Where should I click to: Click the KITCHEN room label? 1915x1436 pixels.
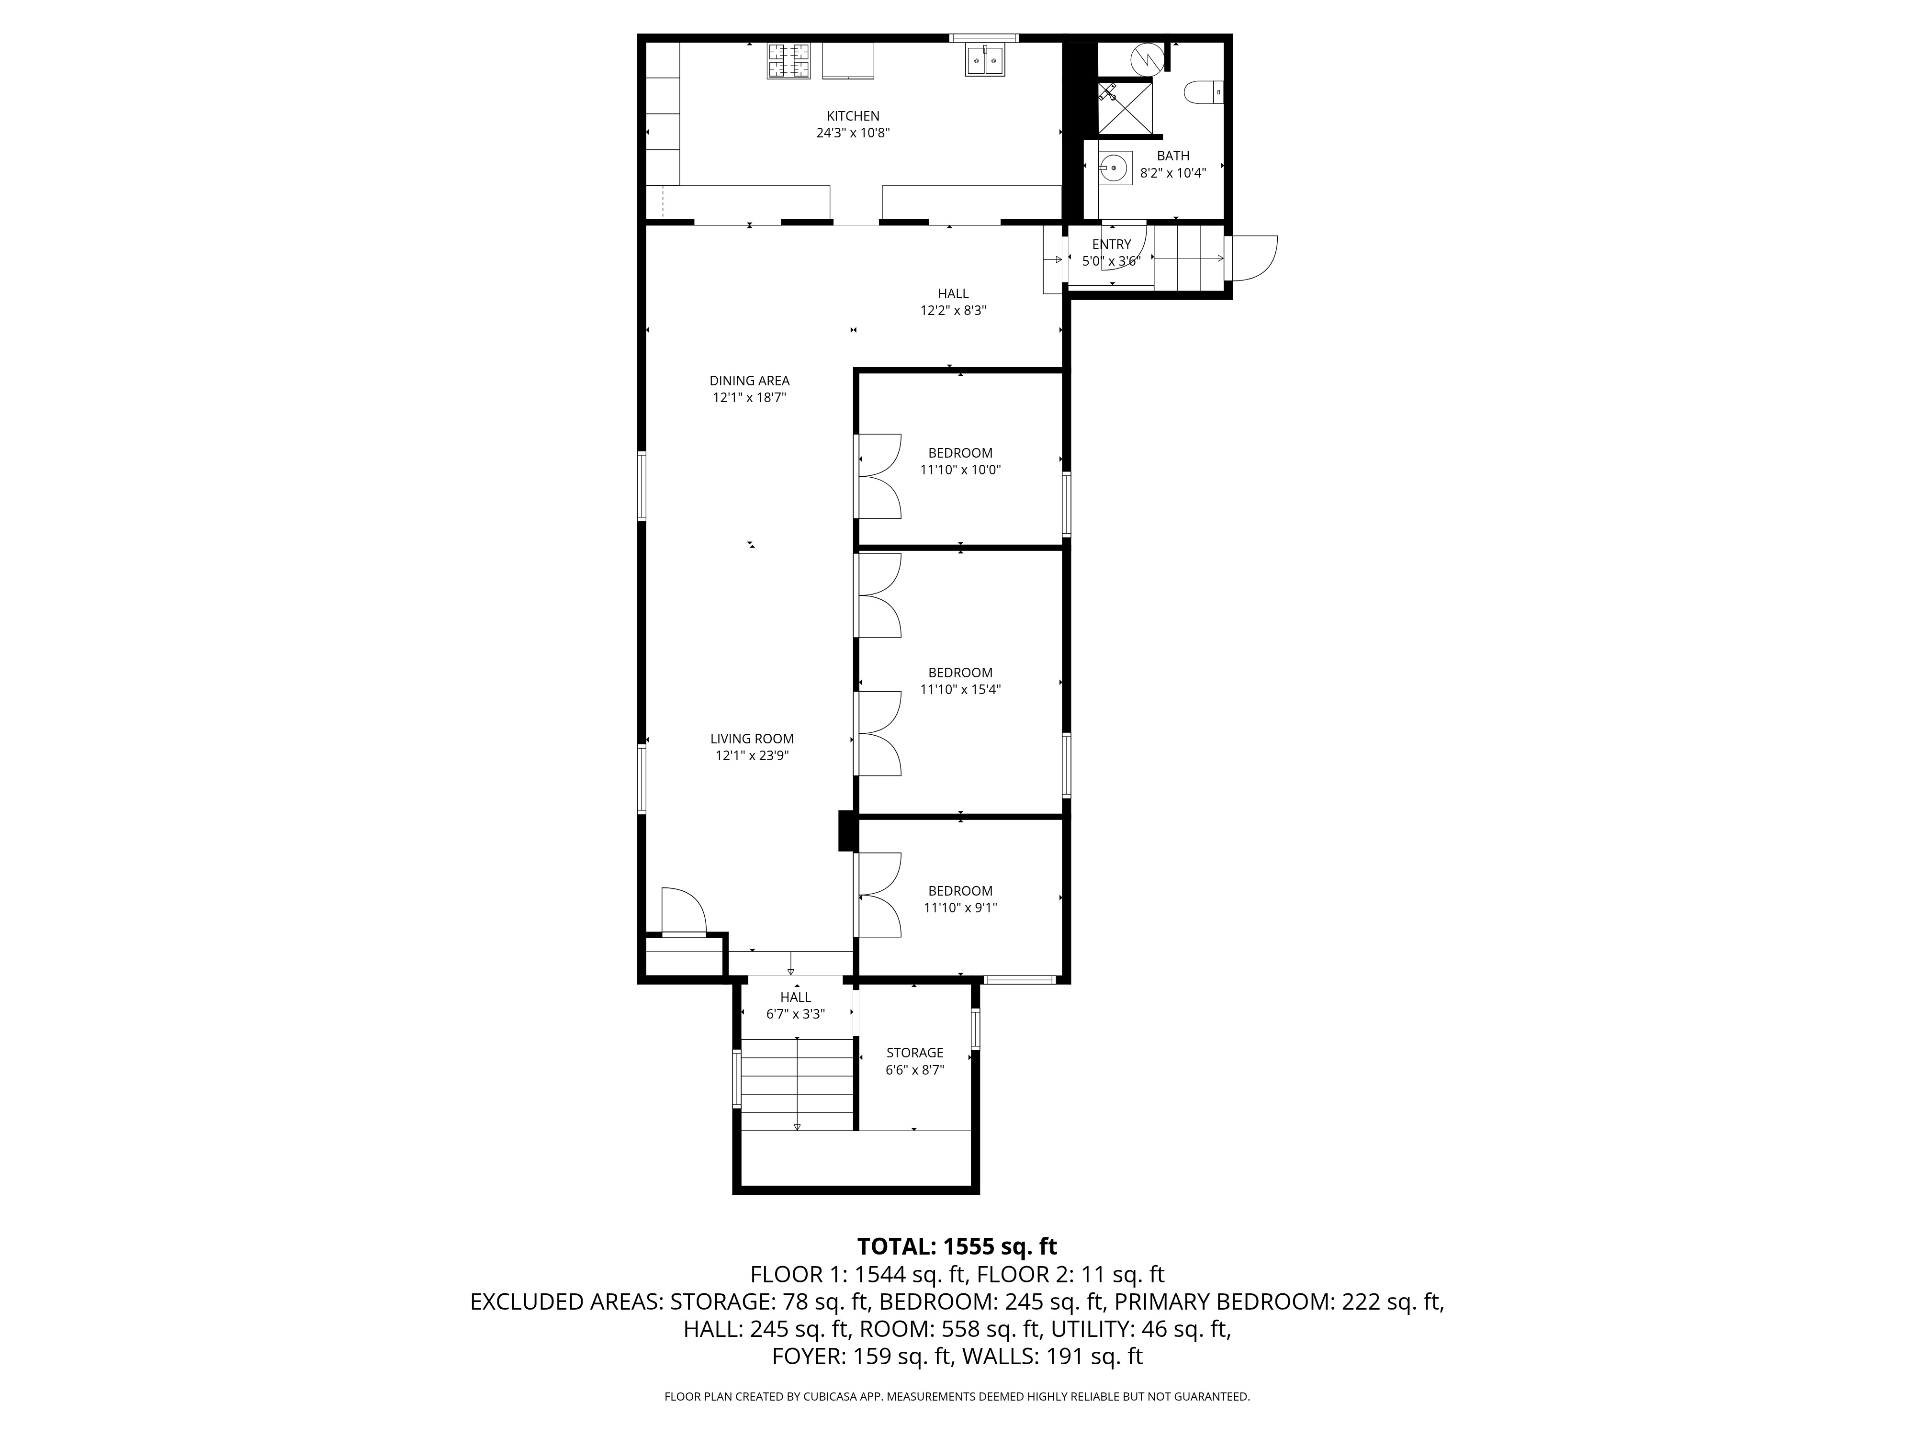853,116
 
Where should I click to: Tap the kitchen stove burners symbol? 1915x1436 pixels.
789,61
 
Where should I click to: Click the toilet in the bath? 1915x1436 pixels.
1204,92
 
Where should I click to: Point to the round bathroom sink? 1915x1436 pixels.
1115,167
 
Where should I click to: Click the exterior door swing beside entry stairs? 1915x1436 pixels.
1253,258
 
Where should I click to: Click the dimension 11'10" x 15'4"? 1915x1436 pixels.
960,690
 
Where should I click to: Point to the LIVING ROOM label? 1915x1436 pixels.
752,738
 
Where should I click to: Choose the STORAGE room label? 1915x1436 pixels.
914,1053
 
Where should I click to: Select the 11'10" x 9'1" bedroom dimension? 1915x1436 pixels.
960,908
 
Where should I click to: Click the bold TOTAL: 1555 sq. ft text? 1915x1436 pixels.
957,1246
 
